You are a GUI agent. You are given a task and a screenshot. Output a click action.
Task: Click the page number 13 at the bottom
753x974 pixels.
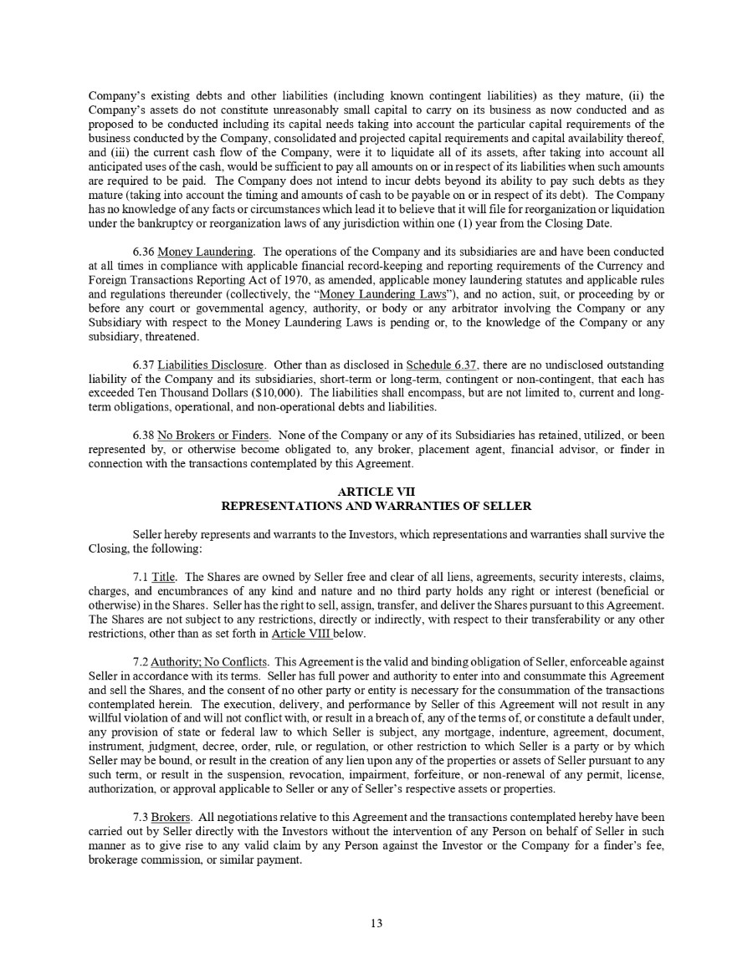376,923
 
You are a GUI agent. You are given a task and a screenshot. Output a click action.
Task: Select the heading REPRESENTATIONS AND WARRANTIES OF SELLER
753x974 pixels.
376,506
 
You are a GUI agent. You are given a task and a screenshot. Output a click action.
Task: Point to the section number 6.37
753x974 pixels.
143,365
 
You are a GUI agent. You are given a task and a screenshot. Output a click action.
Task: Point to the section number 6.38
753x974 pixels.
143,435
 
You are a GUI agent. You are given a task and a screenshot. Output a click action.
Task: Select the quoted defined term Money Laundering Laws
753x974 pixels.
370,294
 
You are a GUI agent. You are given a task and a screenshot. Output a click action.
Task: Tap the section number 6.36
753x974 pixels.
143,252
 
